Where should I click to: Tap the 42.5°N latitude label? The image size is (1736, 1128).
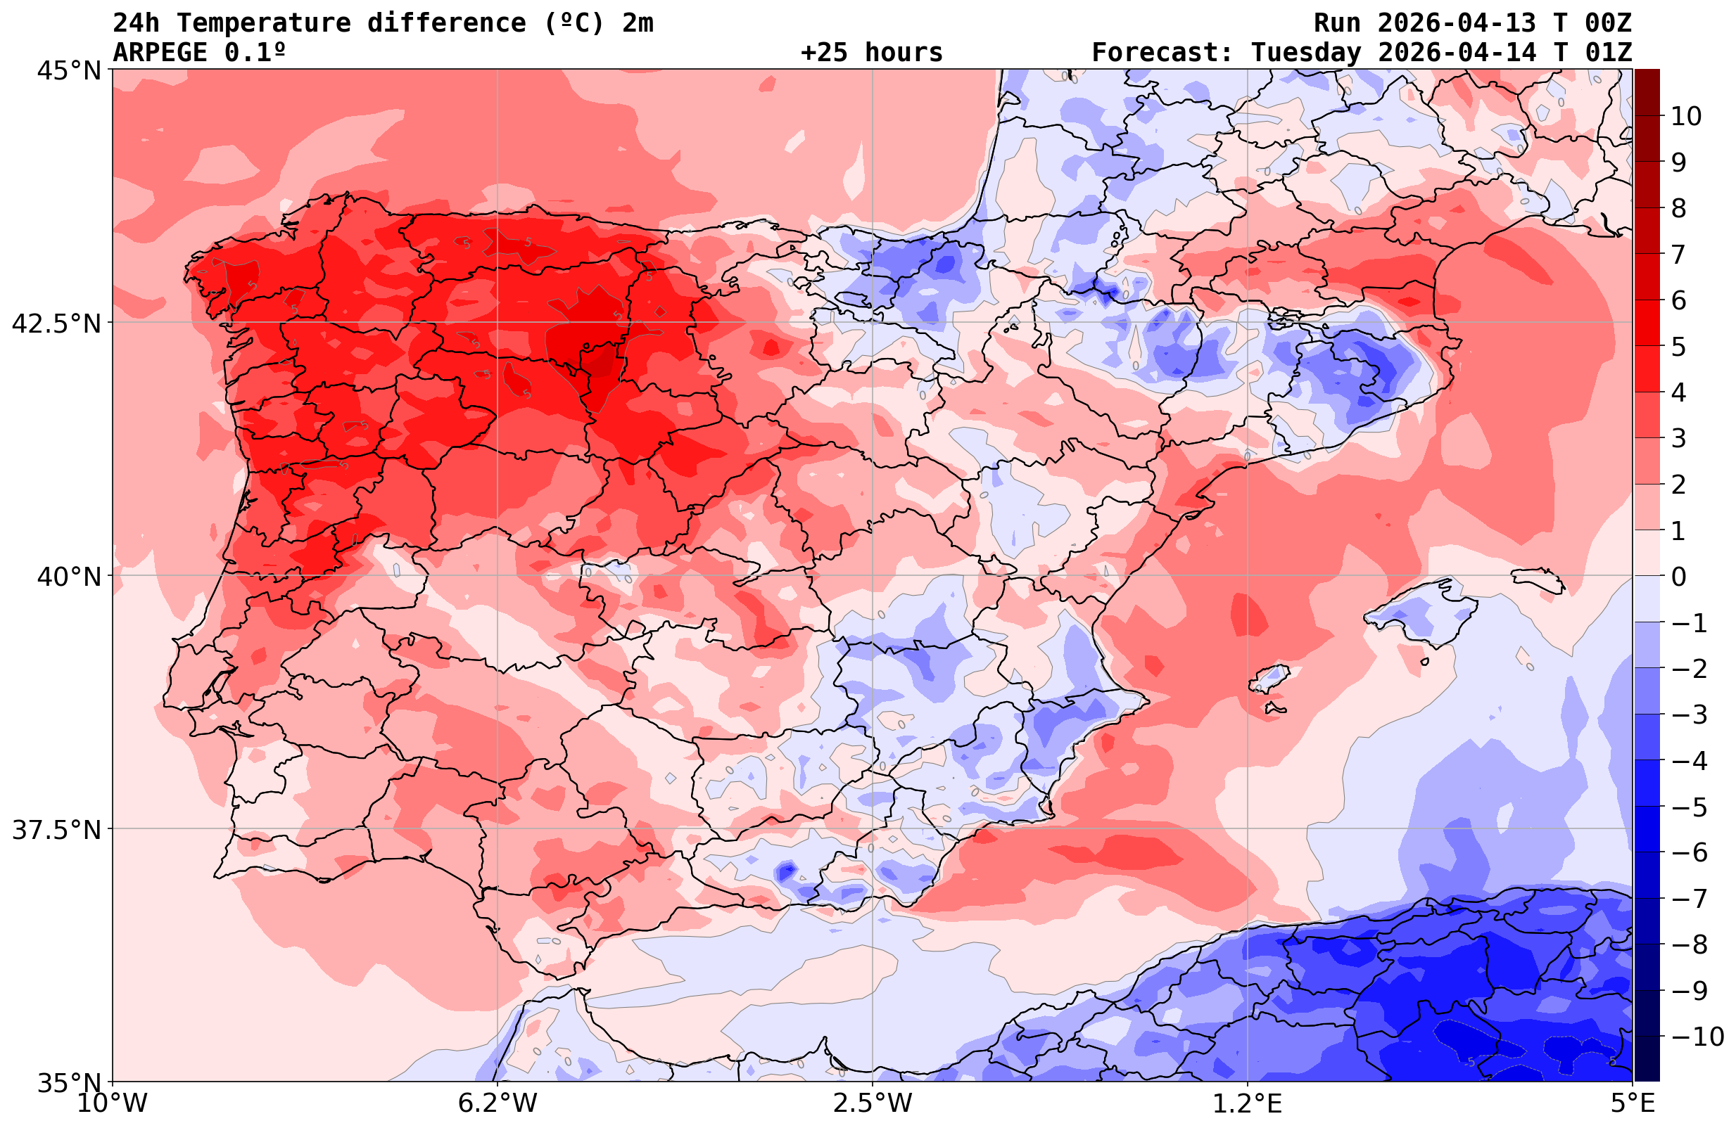[x=56, y=323]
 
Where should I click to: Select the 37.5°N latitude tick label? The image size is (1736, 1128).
[x=56, y=829]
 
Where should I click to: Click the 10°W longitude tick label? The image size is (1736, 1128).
[x=112, y=1103]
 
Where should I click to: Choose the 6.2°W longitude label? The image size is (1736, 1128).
[x=498, y=1103]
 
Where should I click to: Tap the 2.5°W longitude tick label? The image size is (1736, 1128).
[x=873, y=1103]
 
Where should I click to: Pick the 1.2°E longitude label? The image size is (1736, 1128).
[x=1248, y=1103]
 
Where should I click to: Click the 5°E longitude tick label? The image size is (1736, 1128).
[x=1633, y=1103]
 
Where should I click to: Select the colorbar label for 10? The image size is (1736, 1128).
[x=1687, y=116]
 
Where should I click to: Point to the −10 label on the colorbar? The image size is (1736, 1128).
[x=1697, y=1036]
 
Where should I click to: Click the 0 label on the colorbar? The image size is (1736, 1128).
[x=1678, y=577]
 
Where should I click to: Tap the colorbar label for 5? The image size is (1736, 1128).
[x=1678, y=347]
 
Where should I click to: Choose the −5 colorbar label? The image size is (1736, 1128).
[x=1688, y=807]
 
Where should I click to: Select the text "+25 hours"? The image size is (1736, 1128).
[x=872, y=53]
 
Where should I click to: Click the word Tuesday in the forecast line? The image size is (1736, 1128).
[x=1305, y=53]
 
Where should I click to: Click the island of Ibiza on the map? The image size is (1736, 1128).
[x=1269, y=677]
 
